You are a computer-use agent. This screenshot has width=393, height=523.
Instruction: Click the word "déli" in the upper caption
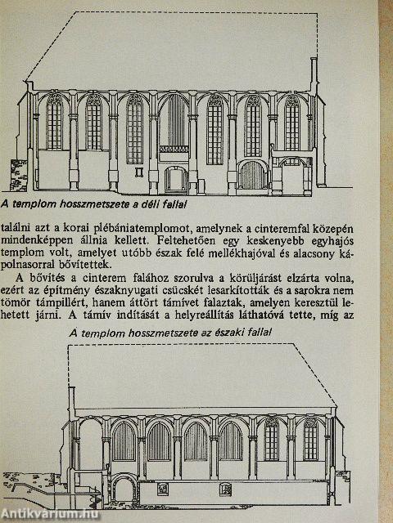point(151,204)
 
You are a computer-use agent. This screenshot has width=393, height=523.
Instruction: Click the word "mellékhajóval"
point(239,253)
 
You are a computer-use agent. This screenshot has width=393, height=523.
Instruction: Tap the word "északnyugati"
point(122,291)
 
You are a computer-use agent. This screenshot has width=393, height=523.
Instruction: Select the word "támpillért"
point(48,302)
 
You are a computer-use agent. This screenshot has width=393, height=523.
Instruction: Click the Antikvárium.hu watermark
point(50,515)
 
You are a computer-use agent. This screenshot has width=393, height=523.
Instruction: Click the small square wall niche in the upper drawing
point(139,172)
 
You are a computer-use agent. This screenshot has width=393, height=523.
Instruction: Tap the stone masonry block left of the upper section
point(19,176)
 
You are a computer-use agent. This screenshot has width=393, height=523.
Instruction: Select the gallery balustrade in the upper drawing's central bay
point(174,149)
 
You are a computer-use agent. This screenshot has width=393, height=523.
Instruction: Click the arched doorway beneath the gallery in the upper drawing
point(176,180)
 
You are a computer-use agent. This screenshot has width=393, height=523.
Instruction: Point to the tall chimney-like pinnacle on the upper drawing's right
point(314,75)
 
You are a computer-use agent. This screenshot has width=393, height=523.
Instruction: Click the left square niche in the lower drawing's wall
point(163,489)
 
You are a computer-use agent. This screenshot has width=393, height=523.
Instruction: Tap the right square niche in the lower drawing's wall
point(225,489)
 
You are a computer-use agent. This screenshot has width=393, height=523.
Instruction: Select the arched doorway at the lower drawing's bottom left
point(124,488)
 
